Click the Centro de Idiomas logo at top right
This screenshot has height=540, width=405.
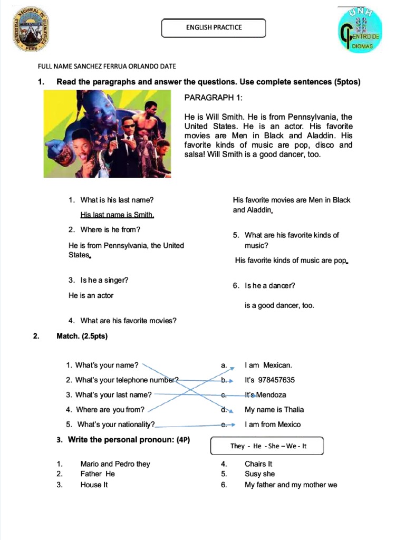361,32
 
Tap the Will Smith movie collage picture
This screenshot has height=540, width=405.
108,133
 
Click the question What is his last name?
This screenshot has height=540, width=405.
117,200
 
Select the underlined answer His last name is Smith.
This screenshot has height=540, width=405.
117,215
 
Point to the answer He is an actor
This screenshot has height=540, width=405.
91,295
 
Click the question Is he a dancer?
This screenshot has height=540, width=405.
269,285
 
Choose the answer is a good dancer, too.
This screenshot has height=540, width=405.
279,305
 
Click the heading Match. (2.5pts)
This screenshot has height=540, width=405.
82,336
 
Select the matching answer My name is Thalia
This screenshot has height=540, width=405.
274,409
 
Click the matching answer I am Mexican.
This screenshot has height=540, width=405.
268,365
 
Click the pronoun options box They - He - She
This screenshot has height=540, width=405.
267,446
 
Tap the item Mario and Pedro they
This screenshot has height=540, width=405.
115,464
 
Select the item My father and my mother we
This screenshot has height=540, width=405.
291,485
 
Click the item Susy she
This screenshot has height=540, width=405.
259,474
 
